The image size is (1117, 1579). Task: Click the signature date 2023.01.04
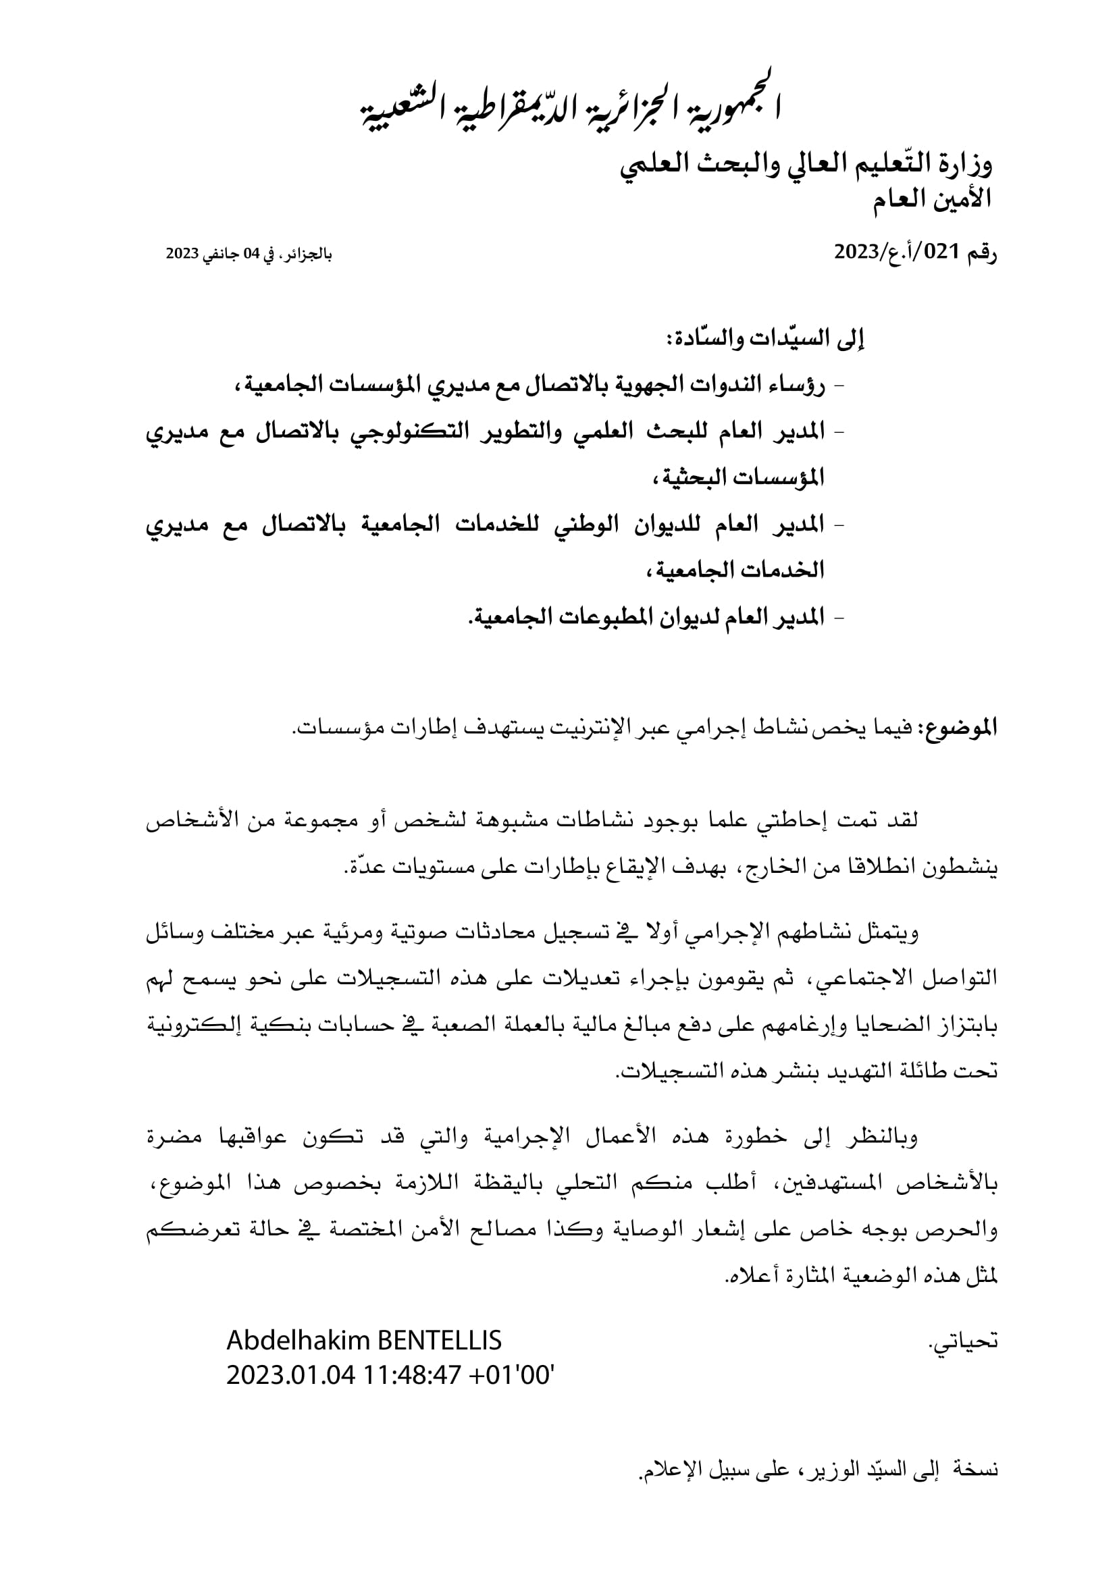click(290, 1375)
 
